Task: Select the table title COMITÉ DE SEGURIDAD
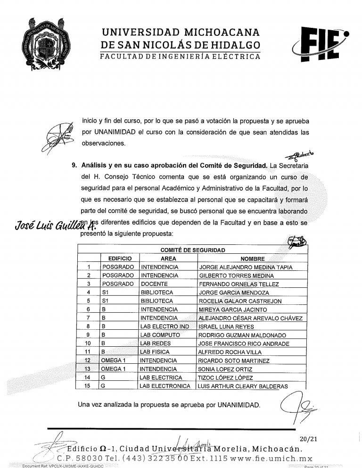coord(192,250)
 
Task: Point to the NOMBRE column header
coord(253,259)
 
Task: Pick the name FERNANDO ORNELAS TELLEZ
coord(239,284)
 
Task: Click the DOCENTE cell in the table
coord(155,284)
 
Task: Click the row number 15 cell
coord(87,386)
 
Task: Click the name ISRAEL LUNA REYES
coord(226,326)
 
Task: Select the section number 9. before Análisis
coord(74,166)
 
